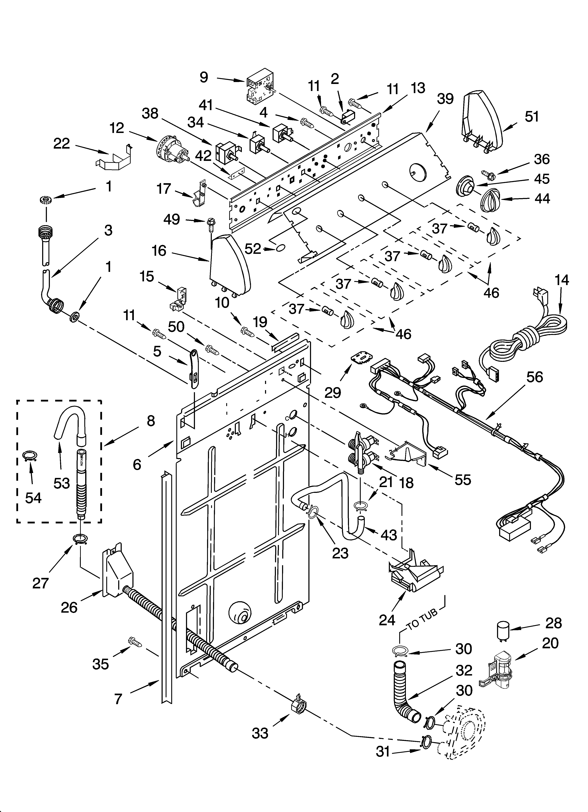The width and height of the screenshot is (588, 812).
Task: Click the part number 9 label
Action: (x=204, y=77)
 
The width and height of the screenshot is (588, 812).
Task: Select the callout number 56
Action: (x=534, y=377)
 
